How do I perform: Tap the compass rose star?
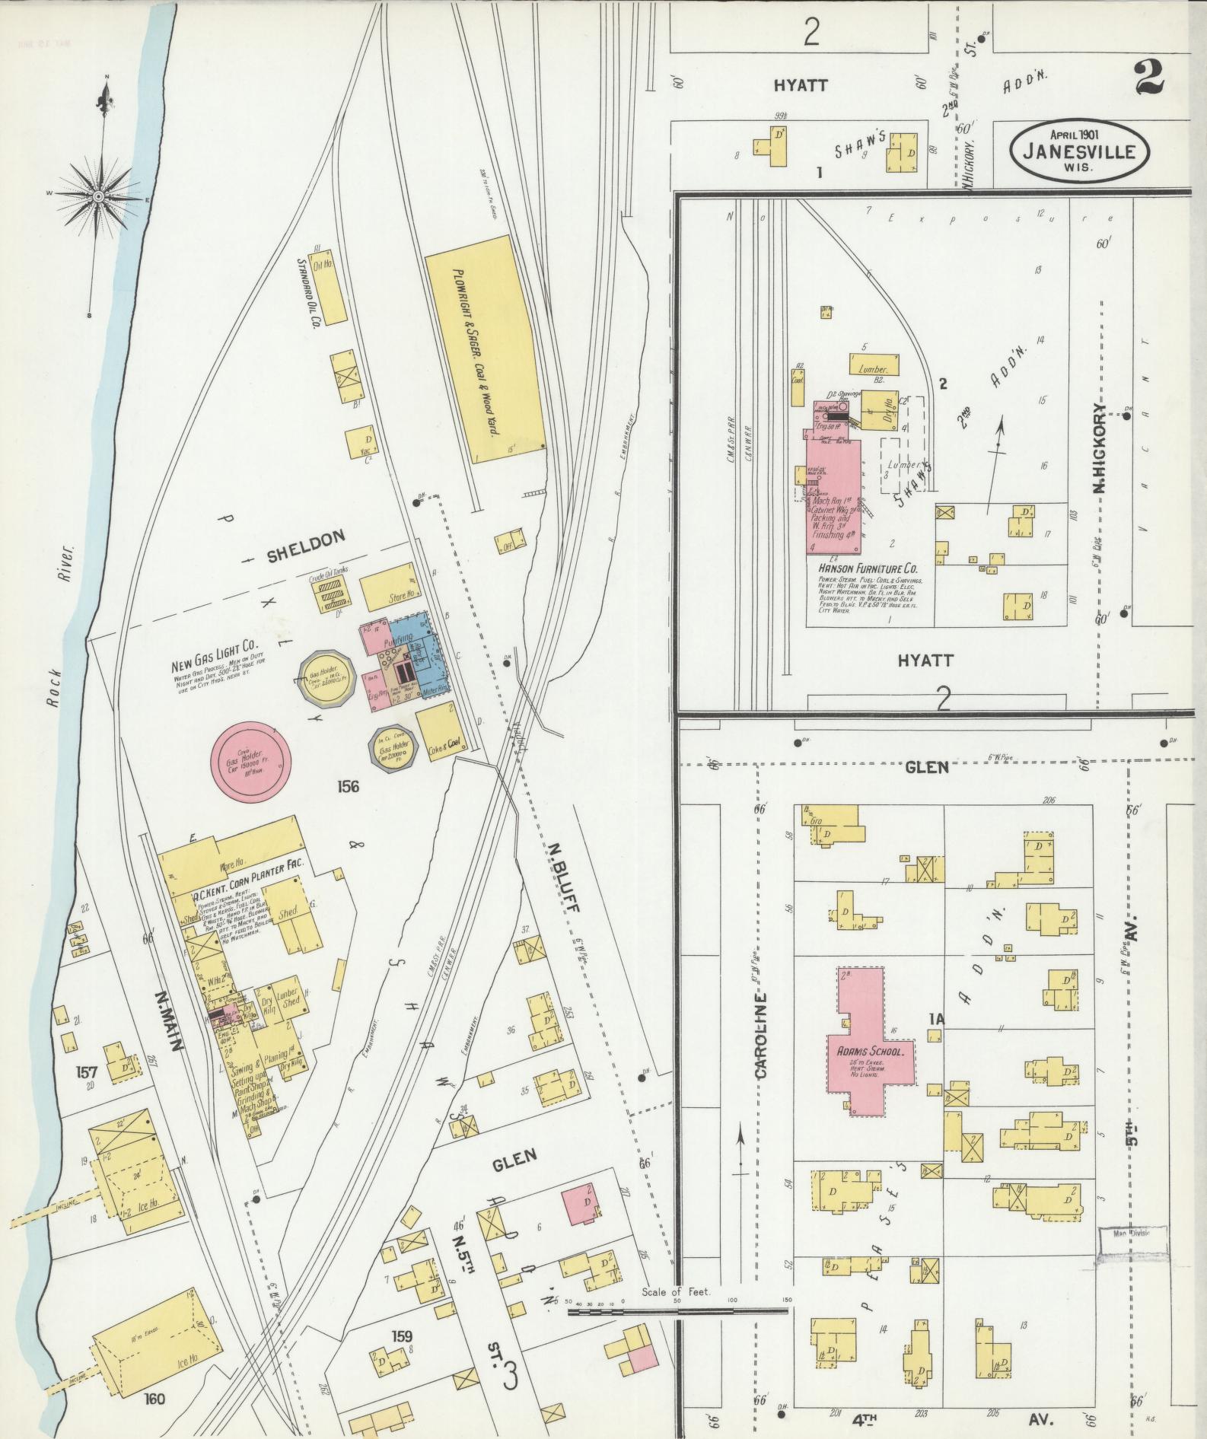point(98,196)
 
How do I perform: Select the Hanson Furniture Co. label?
point(867,568)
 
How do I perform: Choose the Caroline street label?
point(761,1035)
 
